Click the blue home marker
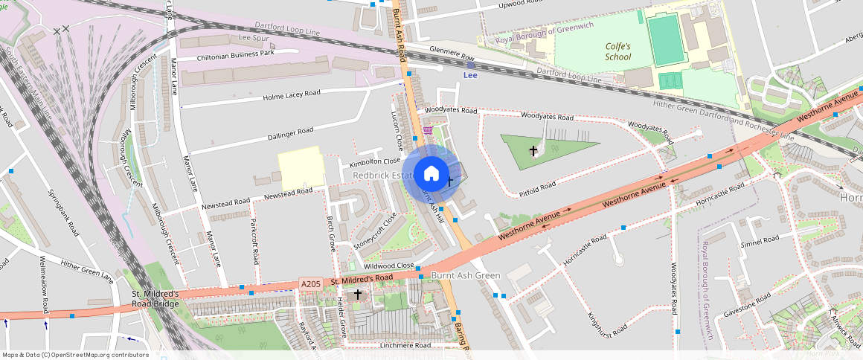click(431, 174)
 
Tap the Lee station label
click(470, 75)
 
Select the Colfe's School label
click(617, 51)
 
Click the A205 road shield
click(311, 283)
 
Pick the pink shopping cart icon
click(428, 130)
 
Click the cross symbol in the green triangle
click(533, 151)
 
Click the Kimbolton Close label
click(375, 161)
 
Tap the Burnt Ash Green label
click(466, 275)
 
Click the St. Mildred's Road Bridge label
click(155, 299)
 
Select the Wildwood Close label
click(388, 266)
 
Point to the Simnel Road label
click(759, 240)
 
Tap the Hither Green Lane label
click(86, 271)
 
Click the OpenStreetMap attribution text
click(76, 355)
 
